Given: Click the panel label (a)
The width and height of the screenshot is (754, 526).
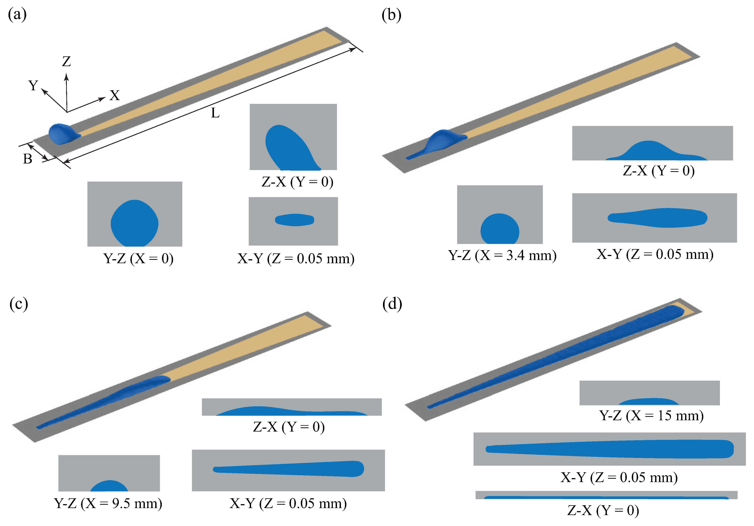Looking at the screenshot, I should pyautogui.click(x=17, y=15).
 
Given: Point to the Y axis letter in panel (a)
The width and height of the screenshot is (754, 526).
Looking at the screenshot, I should pyautogui.click(x=33, y=85).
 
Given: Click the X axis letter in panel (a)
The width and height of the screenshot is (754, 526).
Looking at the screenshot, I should pyautogui.click(x=115, y=96).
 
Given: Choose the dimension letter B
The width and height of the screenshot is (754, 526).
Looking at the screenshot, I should pyautogui.click(x=28, y=159).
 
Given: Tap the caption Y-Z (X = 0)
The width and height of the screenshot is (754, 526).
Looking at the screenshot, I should pyautogui.click(x=138, y=259).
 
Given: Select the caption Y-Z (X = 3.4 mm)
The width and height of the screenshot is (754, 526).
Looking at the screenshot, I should pyautogui.click(x=502, y=255).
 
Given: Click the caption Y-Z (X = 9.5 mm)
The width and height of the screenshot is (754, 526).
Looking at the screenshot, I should pyautogui.click(x=108, y=503).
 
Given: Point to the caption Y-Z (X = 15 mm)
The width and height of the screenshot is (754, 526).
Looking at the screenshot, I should pyautogui.click(x=651, y=416).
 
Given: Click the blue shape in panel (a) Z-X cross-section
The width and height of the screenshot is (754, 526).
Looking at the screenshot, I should pyautogui.click(x=289, y=150).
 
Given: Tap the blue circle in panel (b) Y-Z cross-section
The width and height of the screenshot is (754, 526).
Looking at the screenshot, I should pyautogui.click(x=500, y=230).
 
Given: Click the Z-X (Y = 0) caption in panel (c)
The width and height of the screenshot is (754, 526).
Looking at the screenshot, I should pyautogui.click(x=289, y=427).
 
